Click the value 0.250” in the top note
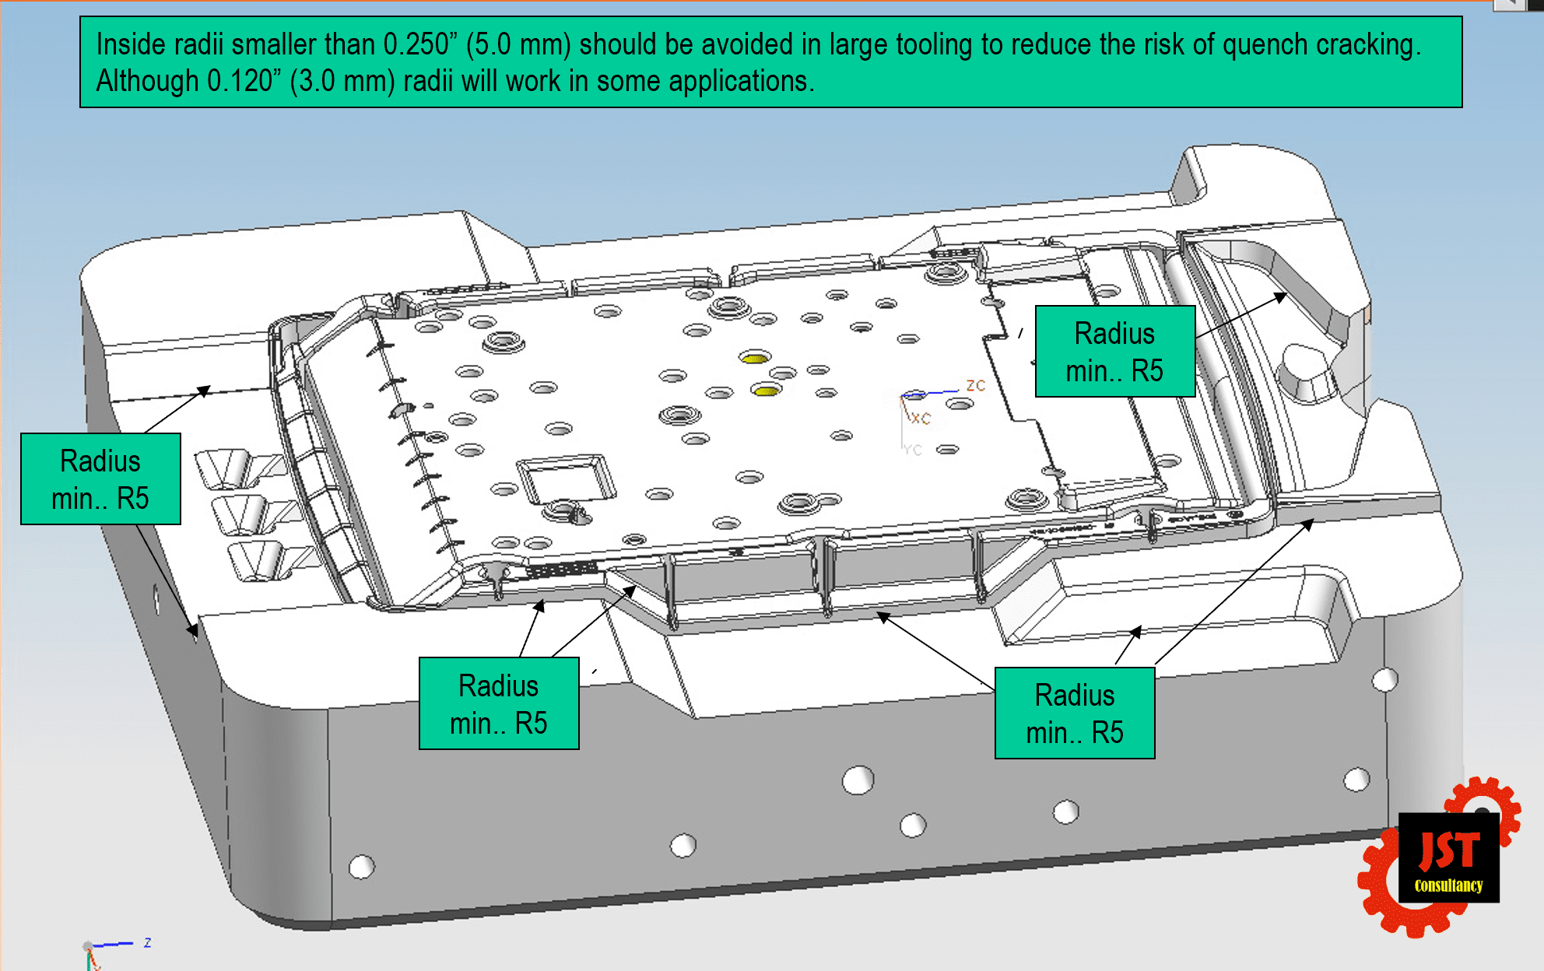point(416,45)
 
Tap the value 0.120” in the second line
point(240,81)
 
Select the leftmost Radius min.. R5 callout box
point(100,479)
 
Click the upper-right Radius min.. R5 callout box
point(1115,352)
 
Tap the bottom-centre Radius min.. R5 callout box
point(499,703)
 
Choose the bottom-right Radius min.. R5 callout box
point(1075,713)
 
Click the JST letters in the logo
point(1449,850)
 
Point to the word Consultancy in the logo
point(1448,885)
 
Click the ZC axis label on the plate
point(976,385)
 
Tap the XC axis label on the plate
point(921,418)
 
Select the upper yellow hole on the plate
point(755,357)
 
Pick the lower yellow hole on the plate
point(767,389)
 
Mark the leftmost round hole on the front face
point(362,866)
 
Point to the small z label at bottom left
point(147,942)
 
